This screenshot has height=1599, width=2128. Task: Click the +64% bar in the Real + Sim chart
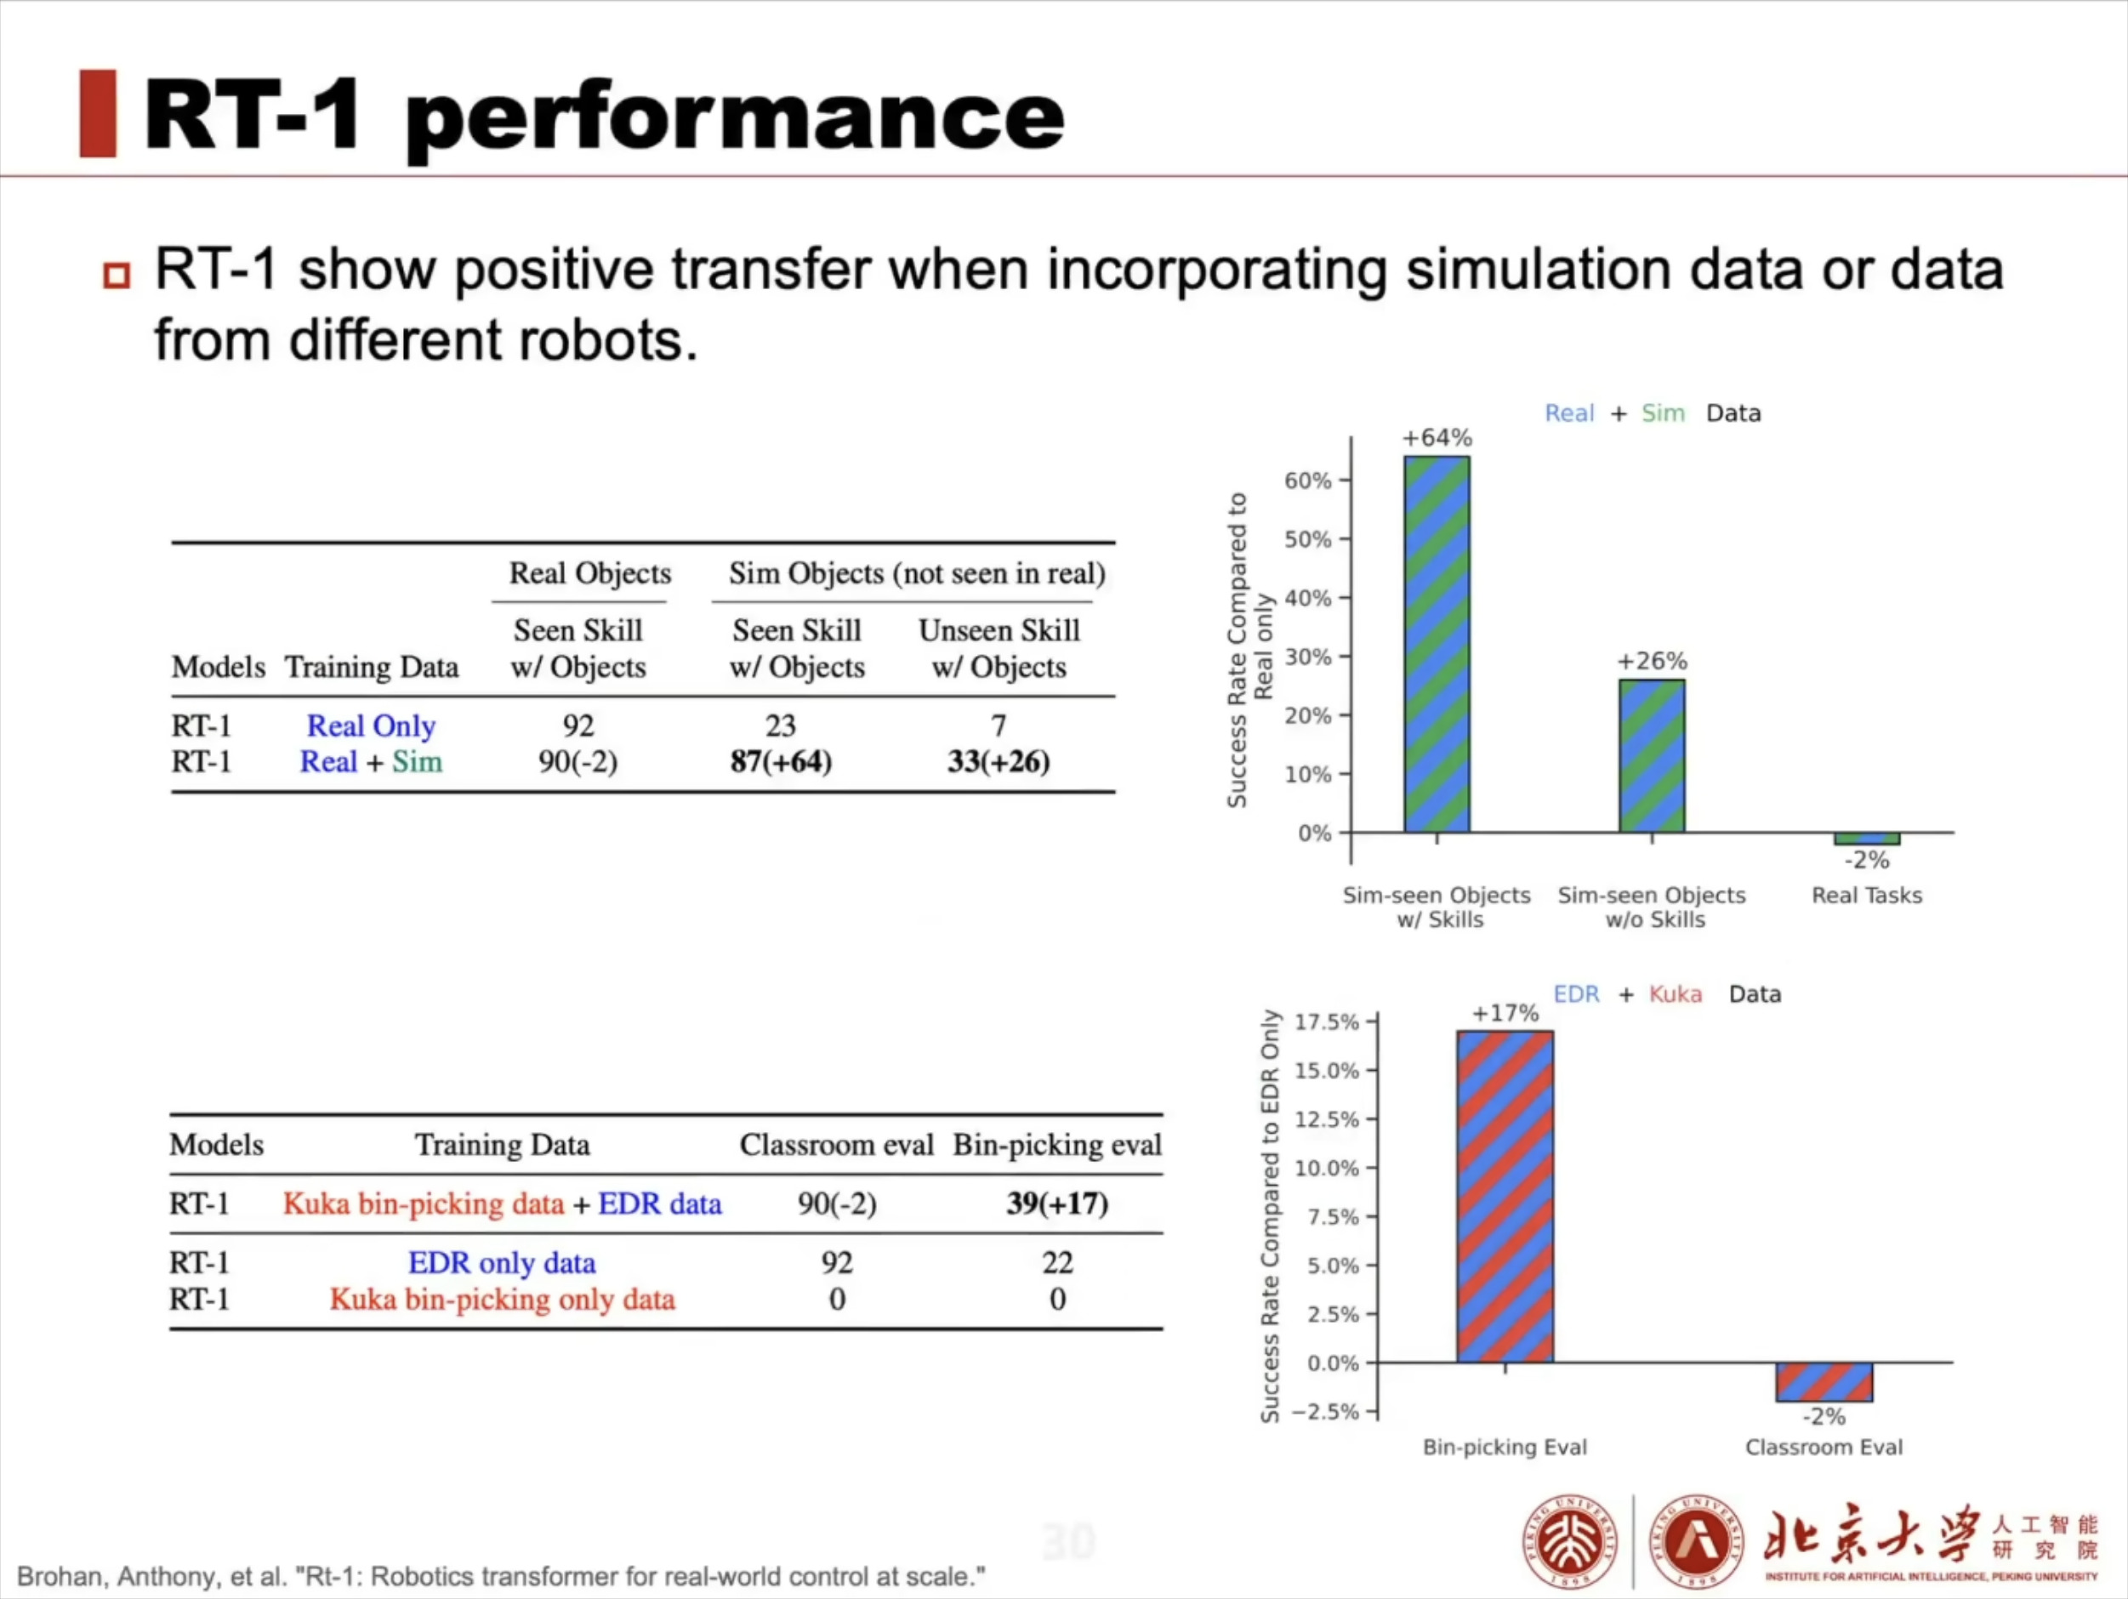pyautogui.click(x=1437, y=644)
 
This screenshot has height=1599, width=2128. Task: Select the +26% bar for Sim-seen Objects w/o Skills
pyautogui.click(x=1651, y=755)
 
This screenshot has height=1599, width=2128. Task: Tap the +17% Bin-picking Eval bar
pyautogui.click(x=1505, y=1196)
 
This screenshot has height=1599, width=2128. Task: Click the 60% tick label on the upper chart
pyautogui.click(x=1307, y=480)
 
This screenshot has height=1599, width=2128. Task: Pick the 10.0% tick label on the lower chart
pyautogui.click(x=1327, y=1168)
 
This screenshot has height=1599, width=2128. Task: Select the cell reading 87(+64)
pyautogui.click(x=780, y=762)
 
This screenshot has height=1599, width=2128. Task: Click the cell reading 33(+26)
pyautogui.click(x=999, y=762)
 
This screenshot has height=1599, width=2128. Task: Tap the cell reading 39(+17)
pyautogui.click(x=1056, y=1203)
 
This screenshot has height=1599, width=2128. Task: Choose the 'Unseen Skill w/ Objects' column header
pyautogui.click(x=999, y=648)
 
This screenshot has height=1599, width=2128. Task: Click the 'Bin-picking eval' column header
pyautogui.click(x=1056, y=1145)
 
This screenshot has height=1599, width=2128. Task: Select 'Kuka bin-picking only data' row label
pyautogui.click(x=502, y=1299)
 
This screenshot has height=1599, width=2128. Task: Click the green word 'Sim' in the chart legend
pyautogui.click(x=1663, y=413)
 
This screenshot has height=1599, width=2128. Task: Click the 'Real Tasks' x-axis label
pyautogui.click(x=1866, y=896)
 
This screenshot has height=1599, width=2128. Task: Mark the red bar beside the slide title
pyautogui.click(x=97, y=113)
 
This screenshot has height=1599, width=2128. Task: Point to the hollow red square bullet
pyautogui.click(x=117, y=276)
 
